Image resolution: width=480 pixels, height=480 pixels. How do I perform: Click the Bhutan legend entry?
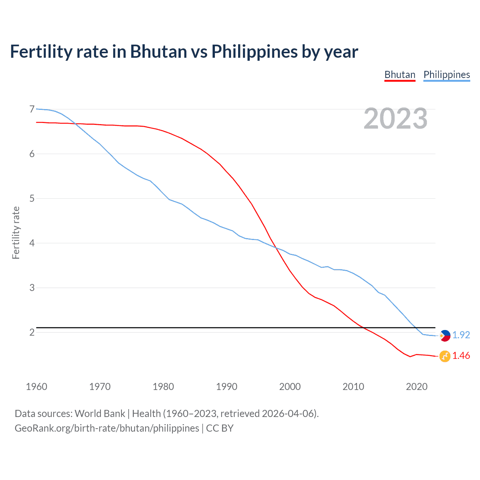point(400,75)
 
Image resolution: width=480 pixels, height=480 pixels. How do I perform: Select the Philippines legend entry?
point(447,75)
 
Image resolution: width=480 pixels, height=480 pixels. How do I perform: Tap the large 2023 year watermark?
point(395,118)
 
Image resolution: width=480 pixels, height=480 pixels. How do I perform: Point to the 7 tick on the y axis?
point(32,109)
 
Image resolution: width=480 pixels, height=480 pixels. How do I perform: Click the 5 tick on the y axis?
point(32,198)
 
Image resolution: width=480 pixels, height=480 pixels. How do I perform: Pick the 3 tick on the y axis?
point(32,288)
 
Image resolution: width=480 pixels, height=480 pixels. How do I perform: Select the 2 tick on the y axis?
point(32,332)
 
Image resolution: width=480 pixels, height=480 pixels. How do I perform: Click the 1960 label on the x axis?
point(36,387)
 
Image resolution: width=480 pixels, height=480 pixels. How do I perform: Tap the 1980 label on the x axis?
point(163,387)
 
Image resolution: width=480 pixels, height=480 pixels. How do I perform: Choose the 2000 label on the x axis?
point(290,387)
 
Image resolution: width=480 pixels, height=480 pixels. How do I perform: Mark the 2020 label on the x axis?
point(417,387)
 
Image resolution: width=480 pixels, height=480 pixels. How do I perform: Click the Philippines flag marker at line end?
point(445,336)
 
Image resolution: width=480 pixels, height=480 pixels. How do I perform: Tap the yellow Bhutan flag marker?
point(445,356)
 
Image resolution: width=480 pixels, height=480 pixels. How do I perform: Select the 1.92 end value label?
point(461,335)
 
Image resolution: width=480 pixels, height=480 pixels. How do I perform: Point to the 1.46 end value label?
point(461,355)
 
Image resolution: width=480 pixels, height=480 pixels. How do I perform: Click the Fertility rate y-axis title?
point(16,232)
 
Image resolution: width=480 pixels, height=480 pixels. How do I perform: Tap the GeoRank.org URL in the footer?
point(107,428)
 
